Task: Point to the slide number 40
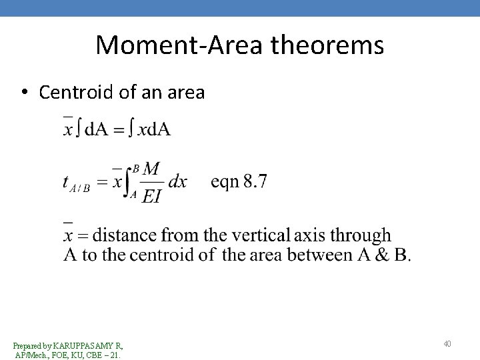point(447,344)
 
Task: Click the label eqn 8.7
point(239,181)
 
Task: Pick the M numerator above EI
point(151,169)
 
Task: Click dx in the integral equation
point(177,182)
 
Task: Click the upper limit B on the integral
point(136,167)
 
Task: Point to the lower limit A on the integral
point(133,195)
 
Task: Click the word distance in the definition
point(126,235)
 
